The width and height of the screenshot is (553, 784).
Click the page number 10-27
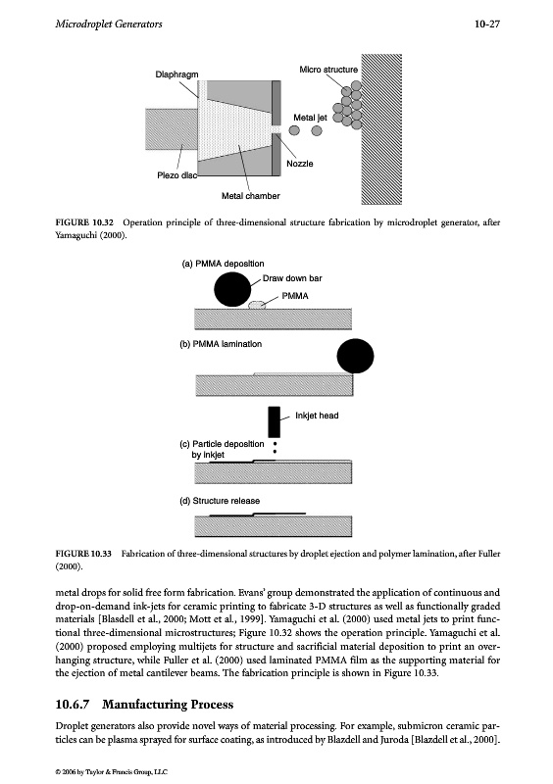point(487,24)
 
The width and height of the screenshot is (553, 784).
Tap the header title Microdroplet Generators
point(109,24)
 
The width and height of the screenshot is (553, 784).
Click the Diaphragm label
point(176,74)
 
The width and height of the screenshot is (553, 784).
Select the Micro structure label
point(328,70)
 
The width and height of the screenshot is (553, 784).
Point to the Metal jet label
point(310,118)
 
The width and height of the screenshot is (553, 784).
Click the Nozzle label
point(300,164)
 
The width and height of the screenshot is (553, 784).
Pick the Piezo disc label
point(177,175)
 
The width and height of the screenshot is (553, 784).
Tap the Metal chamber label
point(251,196)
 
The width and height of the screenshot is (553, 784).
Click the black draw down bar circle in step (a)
point(232,288)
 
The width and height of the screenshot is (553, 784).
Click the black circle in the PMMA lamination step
point(355,356)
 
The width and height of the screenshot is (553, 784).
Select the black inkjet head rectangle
point(275,422)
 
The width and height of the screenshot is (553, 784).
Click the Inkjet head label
point(317,416)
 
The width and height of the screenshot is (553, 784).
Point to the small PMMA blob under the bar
point(257,305)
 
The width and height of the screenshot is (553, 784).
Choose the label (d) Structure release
point(220,501)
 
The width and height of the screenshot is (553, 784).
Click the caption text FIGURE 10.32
point(84,222)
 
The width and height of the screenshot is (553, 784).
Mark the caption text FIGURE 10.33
point(83,554)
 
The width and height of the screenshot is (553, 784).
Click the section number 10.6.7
point(72,705)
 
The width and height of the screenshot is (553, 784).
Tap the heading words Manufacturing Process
point(168,705)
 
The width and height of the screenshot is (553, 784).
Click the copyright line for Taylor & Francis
point(111,772)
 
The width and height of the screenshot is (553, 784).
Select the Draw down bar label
point(292,278)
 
